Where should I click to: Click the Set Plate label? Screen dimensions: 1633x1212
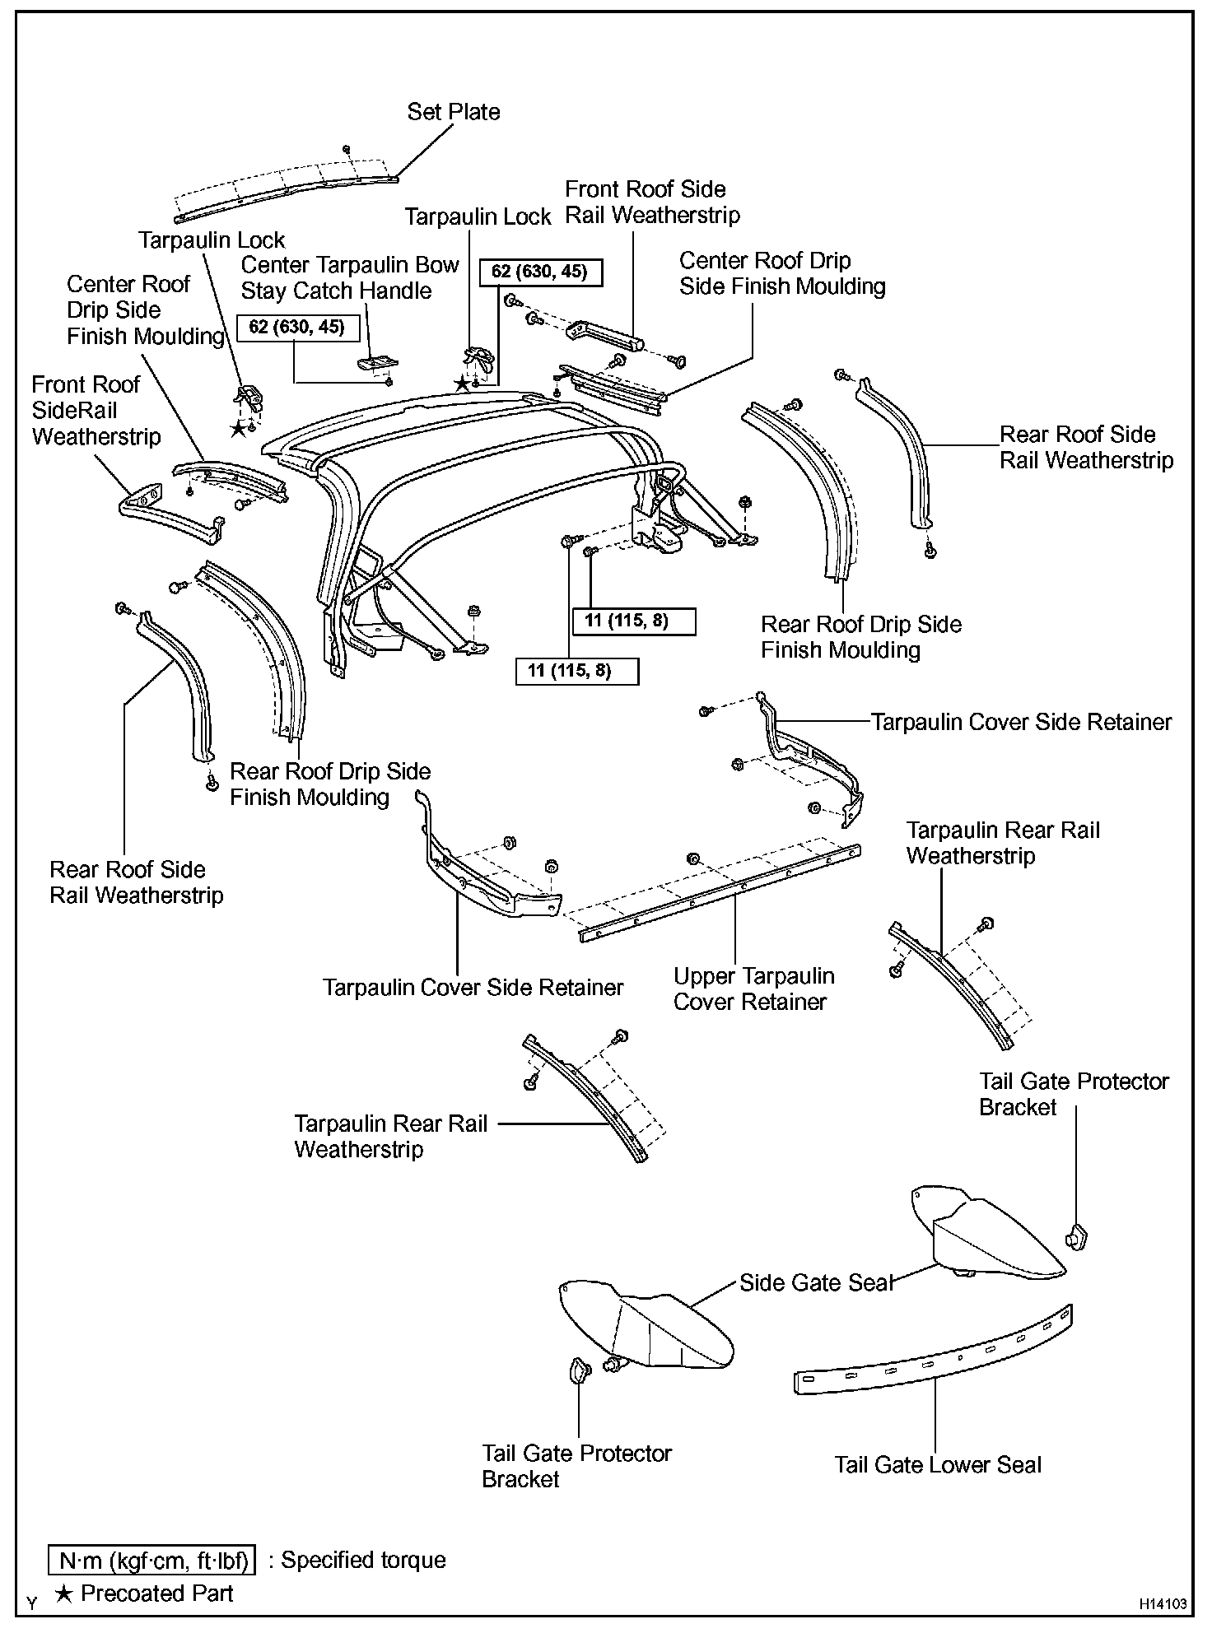[x=454, y=112]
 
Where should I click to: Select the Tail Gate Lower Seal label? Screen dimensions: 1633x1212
[x=938, y=1464]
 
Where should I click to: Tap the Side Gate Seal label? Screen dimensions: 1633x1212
[x=816, y=1282]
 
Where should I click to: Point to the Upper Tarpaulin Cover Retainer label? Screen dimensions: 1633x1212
[x=753, y=989]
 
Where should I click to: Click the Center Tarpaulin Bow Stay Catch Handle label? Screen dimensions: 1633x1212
[x=349, y=277]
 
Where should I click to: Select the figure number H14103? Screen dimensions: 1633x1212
[x=1163, y=1603]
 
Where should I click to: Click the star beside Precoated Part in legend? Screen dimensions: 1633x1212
[x=63, y=1593]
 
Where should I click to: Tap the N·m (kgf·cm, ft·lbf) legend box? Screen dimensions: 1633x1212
[x=152, y=1560]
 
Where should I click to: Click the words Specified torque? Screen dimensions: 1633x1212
[x=363, y=1560]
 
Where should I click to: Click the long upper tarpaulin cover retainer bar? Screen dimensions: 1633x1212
[x=720, y=893]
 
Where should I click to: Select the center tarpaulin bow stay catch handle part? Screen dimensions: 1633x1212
[x=377, y=361]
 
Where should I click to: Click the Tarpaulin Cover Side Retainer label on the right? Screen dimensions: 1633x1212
[x=1021, y=722]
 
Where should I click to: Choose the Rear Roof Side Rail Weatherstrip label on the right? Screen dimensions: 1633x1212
[x=1086, y=447]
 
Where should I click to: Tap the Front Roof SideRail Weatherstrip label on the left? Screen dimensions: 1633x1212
[x=96, y=410]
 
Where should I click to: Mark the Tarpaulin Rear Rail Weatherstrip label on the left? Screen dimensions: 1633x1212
[x=390, y=1136]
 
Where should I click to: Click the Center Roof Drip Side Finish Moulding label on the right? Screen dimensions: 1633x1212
[x=781, y=273]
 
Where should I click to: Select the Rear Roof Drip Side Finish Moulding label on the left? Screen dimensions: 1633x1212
[x=329, y=784]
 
